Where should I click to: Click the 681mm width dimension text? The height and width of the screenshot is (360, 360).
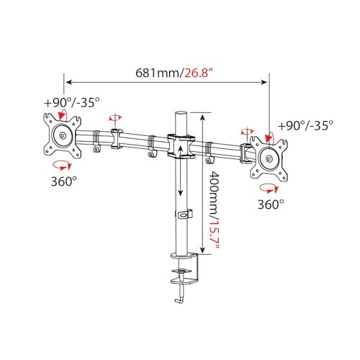point(157,73)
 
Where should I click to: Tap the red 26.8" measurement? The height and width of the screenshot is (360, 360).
point(199,73)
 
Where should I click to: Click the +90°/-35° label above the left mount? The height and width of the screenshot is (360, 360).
point(71,103)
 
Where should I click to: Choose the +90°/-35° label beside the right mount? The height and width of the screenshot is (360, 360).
point(305,125)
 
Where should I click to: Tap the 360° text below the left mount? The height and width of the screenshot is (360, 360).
point(64,181)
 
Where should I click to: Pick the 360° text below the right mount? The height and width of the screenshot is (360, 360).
point(271,204)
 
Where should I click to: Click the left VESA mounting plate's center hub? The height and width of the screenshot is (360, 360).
point(63,136)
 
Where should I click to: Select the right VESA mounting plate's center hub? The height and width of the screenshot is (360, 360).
point(269,158)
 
